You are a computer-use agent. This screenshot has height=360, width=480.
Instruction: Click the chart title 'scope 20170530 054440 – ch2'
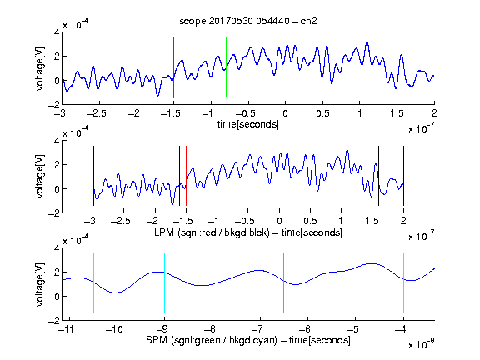click(x=248, y=21)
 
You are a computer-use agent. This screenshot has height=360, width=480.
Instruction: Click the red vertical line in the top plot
click(x=173, y=67)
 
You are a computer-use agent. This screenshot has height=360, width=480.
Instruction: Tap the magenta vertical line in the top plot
click(x=397, y=67)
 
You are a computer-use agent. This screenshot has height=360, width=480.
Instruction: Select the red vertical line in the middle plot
click(x=186, y=176)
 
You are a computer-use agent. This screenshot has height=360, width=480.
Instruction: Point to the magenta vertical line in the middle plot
click(x=372, y=176)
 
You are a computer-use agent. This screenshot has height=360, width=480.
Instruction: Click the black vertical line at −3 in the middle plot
click(x=93, y=176)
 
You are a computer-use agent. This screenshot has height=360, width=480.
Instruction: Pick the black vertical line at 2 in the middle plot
click(x=403, y=176)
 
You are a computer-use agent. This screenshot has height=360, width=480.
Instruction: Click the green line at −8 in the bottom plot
click(x=212, y=283)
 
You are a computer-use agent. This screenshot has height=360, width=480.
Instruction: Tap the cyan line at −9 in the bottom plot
click(x=165, y=283)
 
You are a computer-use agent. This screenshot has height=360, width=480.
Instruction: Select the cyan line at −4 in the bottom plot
click(x=403, y=283)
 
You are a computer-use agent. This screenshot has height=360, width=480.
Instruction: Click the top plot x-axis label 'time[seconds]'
click(x=248, y=124)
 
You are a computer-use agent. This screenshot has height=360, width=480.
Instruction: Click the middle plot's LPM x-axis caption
click(x=248, y=232)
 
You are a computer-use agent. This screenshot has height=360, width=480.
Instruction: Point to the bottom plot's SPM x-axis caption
click(x=248, y=340)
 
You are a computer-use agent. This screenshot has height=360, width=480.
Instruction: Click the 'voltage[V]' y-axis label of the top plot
click(x=40, y=68)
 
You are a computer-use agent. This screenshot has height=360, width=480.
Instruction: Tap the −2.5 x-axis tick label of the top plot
click(x=97, y=113)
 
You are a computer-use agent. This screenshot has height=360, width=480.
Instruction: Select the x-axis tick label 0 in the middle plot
click(x=279, y=221)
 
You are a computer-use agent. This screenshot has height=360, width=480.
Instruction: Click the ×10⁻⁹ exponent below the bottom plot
click(x=421, y=344)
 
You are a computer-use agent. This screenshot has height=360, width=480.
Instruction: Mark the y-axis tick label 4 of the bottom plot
click(x=57, y=248)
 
